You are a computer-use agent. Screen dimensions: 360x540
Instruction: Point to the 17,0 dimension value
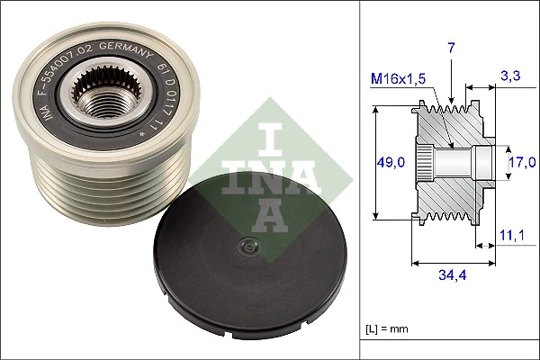[x=521, y=162]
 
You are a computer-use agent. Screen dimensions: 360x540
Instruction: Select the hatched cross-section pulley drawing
[x=450, y=162]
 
